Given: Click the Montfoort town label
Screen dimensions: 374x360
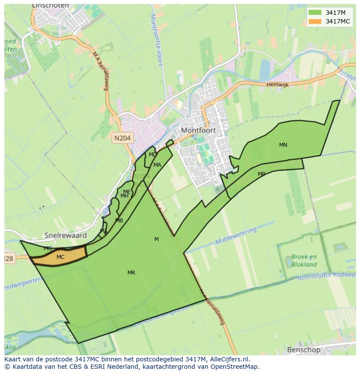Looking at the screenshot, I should pos(198,130).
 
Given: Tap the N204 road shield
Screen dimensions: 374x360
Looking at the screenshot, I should pos(122,138).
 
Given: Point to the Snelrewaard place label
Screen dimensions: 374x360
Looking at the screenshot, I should pos(66,235).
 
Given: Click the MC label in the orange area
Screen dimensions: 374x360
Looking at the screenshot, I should pos(60,257).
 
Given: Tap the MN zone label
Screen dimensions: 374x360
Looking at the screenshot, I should pos(283,145).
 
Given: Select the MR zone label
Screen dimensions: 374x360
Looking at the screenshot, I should pos(131,273).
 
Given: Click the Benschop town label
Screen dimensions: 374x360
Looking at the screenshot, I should pos(303,349).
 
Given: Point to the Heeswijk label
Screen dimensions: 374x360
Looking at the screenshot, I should pos(277,85).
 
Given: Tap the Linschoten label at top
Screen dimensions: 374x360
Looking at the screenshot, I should pos(50,6).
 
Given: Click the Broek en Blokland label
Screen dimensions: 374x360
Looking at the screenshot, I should pos(304,260).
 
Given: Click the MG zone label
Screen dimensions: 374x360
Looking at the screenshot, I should pos(48,248).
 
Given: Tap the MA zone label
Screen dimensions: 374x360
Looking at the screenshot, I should pos(157,165).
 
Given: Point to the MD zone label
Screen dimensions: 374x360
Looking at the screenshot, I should pos(153,155).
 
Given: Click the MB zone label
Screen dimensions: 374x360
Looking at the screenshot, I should pos(119,221).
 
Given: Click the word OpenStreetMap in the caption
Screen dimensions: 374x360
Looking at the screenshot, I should pos(235,367).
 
